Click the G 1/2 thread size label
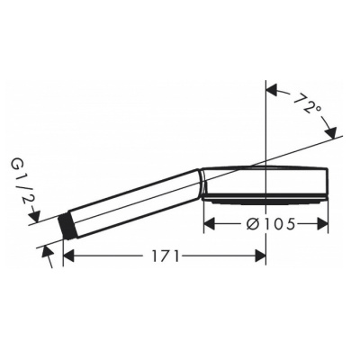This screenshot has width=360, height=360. [19, 184]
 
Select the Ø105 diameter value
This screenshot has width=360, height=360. [269, 224]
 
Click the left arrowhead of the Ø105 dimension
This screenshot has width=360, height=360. [211, 224]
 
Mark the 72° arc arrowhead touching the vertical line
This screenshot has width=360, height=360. [273, 91]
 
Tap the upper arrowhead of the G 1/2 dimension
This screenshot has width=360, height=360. [36, 214]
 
